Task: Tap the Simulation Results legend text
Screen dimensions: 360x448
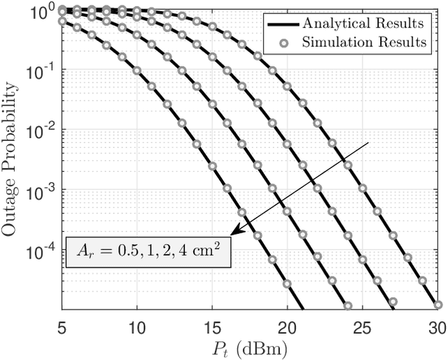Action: point(364,42)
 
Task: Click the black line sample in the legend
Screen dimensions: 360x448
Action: point(281,23)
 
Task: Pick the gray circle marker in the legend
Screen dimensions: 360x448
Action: point(281,42)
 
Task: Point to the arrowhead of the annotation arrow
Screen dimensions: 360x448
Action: point(234,232)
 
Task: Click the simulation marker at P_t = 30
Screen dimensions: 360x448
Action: point(437,305)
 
